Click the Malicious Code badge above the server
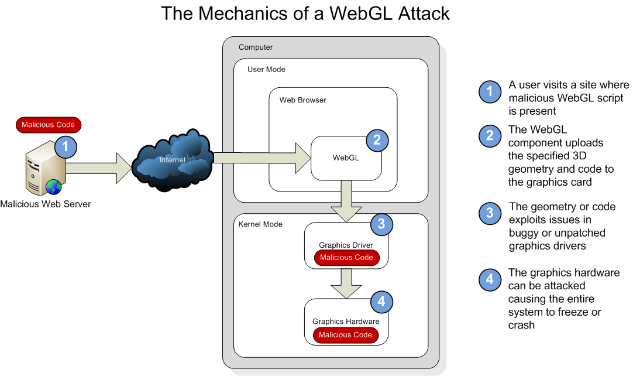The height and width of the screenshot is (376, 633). tap(48, 125)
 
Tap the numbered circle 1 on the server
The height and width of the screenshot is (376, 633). tap(66, 147)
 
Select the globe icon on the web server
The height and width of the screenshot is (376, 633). tap(54, 187)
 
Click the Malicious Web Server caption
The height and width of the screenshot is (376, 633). tap(46, 204)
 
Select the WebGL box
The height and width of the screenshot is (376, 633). tap(346, 158)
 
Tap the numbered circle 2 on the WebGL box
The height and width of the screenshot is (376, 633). tap(377, 140)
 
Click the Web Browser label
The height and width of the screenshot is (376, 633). tap(302, 100)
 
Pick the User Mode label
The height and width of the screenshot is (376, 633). tap(266, 70)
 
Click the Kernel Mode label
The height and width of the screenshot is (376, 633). tap(260, 224)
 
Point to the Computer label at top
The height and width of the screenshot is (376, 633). tap(256, 47)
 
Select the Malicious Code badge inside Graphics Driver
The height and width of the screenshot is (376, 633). tap(346, 258)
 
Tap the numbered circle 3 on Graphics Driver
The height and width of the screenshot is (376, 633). tap(381, 224)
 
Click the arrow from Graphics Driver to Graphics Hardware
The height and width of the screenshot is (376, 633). tap(346, 283)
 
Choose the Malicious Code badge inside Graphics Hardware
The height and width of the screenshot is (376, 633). tap(345, 335)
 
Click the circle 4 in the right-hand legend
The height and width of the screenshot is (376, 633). tap(490, 279)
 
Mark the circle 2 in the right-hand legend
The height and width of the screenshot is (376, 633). tap(490, 136)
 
